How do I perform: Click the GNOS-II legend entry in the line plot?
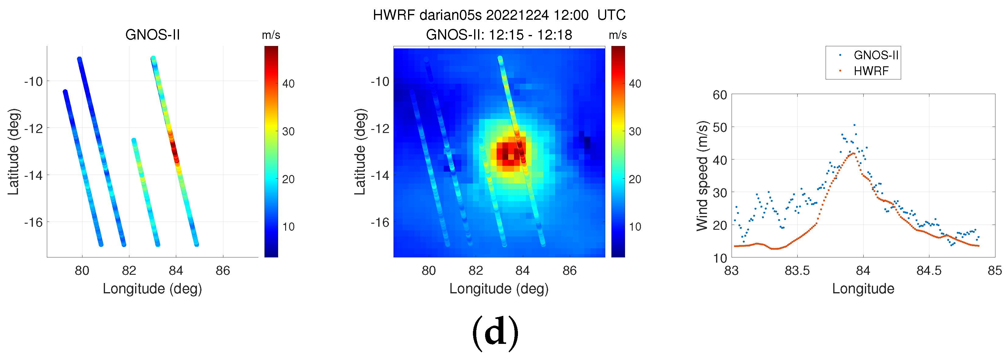876,55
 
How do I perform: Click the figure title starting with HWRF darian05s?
499,15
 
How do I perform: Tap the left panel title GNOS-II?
152,35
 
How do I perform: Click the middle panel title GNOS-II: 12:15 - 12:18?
499,35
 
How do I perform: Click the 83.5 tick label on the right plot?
797,271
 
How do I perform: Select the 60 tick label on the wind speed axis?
720,95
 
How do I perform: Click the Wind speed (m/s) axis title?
702,176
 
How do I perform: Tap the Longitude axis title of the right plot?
863,288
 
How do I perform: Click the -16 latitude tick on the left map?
33,222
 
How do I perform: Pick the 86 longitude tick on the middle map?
570,271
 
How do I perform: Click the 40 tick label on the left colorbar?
288,84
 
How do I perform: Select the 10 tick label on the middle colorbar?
635,227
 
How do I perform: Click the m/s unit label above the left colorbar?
271,35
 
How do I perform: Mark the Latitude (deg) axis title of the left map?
13,152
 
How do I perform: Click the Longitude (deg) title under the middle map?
499,288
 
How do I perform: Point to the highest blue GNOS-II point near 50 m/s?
854,125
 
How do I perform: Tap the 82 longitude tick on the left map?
129,271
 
